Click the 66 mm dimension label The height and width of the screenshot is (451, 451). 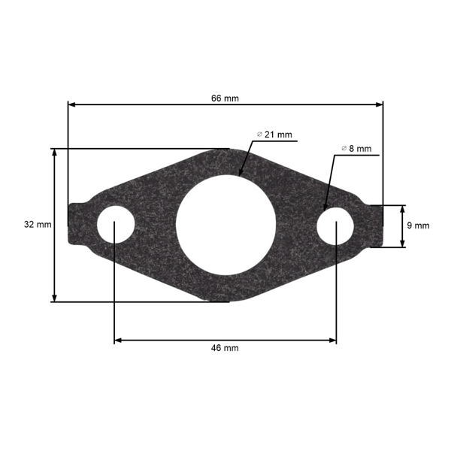(x=225, y=98)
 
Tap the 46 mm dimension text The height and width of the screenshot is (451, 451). (x=225, y=348)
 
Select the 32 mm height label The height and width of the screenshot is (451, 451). (x=38, y=225)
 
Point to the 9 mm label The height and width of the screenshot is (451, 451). (x=418, y=225)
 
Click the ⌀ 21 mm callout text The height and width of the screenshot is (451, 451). (x=274, y=135)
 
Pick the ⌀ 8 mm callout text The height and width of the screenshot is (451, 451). (x=356, y=149)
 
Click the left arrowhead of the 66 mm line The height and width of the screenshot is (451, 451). (x=71, y=104)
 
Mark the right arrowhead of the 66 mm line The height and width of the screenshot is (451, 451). (x=380, y=104)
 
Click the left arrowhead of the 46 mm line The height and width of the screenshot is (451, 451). (x=118, y=341)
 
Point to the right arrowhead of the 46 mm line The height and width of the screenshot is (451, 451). (x=333, y=341)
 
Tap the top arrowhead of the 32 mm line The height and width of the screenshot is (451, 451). (x=54, y=152)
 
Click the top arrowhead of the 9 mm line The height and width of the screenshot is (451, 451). (x=402, y=208)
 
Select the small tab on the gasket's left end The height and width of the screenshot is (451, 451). (x=75, y=224)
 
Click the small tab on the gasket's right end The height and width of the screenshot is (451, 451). (x=375, y=225)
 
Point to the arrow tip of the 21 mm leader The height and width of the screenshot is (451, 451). (x=240, y=174)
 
